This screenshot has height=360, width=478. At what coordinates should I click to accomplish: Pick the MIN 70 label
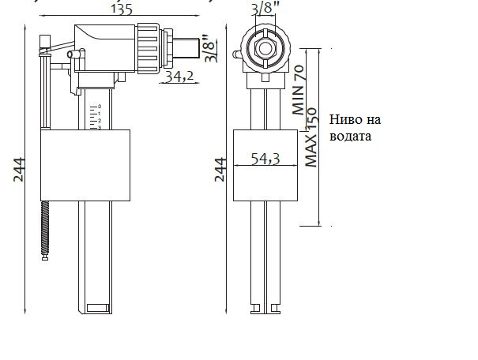click(x=299, y=90)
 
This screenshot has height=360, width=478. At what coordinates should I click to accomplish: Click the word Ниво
click(x=347, y=119)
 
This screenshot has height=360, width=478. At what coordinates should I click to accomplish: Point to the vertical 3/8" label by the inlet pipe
click(x=209, y=48)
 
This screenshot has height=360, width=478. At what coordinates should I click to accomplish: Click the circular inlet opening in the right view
click(x=264, y=47)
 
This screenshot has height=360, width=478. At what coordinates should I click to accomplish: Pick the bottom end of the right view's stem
click(x=264, y=308)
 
